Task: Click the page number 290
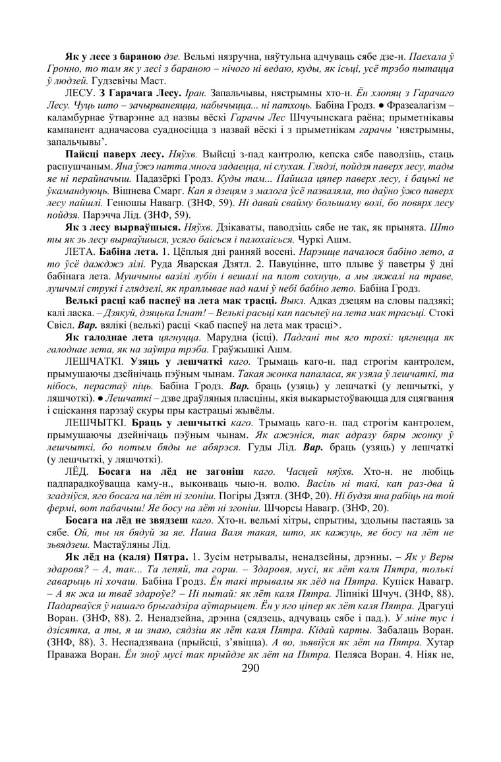click(x=250, y=668)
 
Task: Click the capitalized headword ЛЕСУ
click(x=79, y=93)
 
